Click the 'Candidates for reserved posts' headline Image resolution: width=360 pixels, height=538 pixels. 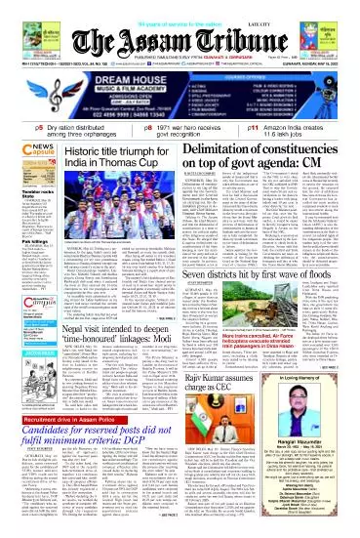pyautogui.click(x=132, y=446)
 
